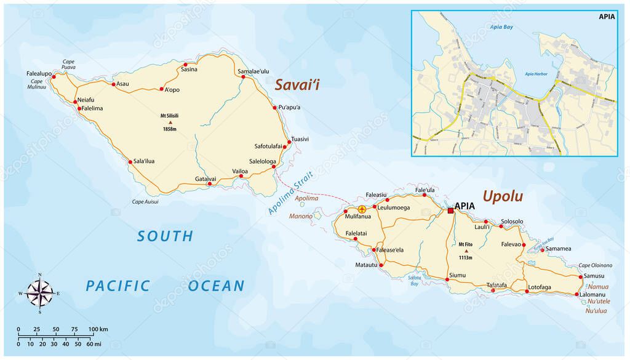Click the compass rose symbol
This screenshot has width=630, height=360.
click(x=40, y=293)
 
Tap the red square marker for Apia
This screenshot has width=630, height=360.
click(x=450, y=210)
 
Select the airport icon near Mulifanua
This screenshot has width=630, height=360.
click(x=362, y=209)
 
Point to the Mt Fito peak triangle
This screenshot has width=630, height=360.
click(x=466, y=250)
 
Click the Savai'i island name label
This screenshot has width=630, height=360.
click(x=297, y=85)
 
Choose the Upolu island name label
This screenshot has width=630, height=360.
click(x=503, y=196)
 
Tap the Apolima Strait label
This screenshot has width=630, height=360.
click(x=291, y=193)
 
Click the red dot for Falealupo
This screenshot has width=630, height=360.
click(x=54, y=77)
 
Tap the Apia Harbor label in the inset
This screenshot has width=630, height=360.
click(x=536, y=74)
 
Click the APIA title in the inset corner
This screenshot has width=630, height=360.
click(x=606, y=17)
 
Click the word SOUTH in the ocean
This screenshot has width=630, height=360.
click(x=165, y=236)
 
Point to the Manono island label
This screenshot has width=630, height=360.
click(x=301, y=216)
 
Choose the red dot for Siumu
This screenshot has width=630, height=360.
click(x=447, y=279)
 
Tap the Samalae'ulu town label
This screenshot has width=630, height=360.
click(x=253, y=71)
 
